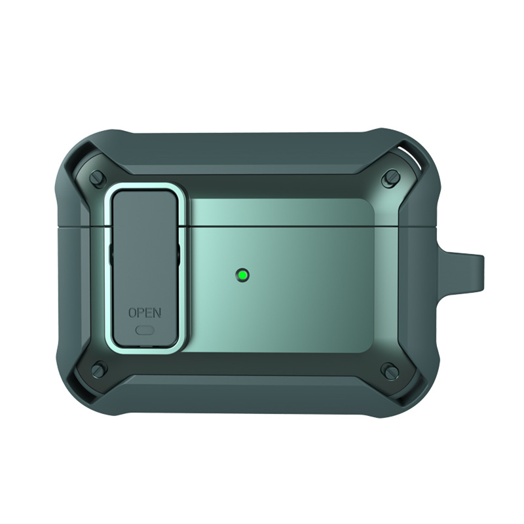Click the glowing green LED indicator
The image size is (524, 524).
[x=242, y=276]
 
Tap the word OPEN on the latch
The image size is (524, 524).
[x=145, y=312]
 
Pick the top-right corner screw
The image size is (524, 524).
[x=391, y=176]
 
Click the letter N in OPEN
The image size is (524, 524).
[x=157, y=312]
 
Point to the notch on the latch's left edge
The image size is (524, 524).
[x=113, y=256]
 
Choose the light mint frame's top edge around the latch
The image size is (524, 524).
[x=145, y=189]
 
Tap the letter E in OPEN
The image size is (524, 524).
[x=149, y=312]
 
